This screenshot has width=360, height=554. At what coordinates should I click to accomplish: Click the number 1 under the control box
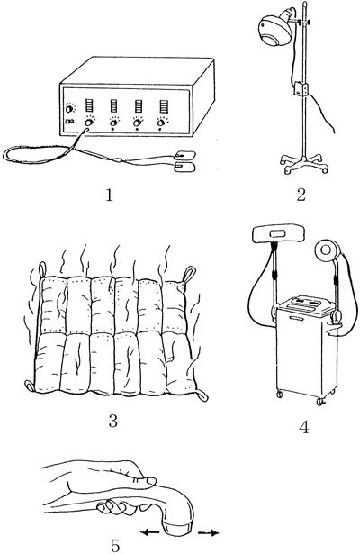(110, 194)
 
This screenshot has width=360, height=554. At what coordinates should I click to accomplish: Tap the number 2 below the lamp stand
(301, 194)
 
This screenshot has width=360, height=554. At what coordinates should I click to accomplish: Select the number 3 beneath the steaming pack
(112, 421)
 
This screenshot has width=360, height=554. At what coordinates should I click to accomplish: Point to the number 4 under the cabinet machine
(303, 427)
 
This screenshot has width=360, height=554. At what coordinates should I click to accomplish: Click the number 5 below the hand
(115, 546)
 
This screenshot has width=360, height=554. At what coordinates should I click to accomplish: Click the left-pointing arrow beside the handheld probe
(149, 531)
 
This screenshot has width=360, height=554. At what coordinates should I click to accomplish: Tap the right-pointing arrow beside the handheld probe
(208, 532)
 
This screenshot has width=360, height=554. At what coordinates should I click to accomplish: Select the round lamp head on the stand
(274, 32)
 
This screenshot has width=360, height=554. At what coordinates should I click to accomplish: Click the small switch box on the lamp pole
(301, 88)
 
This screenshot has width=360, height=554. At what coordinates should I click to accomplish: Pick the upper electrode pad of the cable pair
(185, 155)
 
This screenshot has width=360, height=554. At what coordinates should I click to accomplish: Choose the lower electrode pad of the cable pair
(186, 168)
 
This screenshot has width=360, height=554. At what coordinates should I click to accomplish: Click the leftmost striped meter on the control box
(90, 105)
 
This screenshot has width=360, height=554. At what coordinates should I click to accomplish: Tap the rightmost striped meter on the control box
(164, 105)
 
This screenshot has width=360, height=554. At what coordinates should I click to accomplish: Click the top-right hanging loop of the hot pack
(188, 274)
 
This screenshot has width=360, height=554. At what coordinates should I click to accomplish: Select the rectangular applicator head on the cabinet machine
(278, 233)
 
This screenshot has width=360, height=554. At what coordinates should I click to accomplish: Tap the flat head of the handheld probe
(178, 526)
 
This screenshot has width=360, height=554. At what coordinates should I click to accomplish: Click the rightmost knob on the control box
(162, 123)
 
